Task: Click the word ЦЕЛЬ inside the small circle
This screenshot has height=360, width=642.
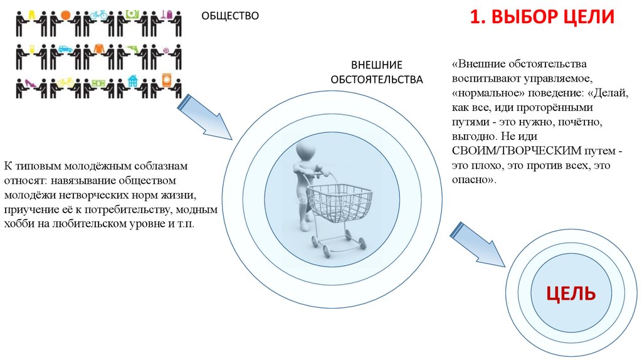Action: click(x=570, y=294)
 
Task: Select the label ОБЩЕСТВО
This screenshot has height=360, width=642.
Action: click(x=229, y=16)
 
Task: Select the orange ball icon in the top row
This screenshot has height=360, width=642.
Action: click(x=66, y=14)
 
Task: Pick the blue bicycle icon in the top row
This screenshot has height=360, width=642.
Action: click(x=99, y=14)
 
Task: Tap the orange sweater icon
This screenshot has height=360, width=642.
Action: click(x=99, y=48)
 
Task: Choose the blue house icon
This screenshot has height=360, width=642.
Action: click(x=132, y=81)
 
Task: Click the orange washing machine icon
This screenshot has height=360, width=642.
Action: click(x=166, y=81)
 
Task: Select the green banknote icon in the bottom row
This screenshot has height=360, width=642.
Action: click(x=99, y=82)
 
